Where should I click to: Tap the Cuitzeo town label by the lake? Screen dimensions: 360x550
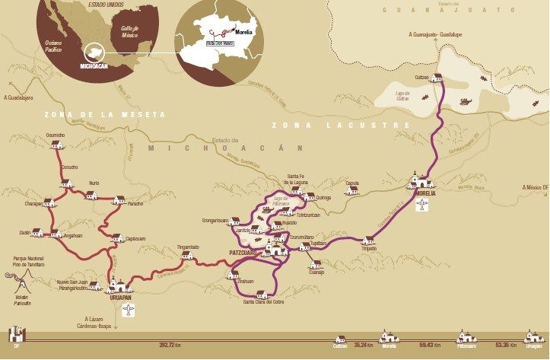click(422, 77)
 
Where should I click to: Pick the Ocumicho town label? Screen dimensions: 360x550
click(56, 135)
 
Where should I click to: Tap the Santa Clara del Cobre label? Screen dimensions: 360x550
click(262, 302)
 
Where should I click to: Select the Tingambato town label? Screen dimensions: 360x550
click(189, 247)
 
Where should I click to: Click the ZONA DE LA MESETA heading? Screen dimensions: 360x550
click(104, 115)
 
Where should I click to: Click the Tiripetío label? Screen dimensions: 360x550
click(369, 248)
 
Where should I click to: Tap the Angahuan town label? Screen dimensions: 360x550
click(73, 235)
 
